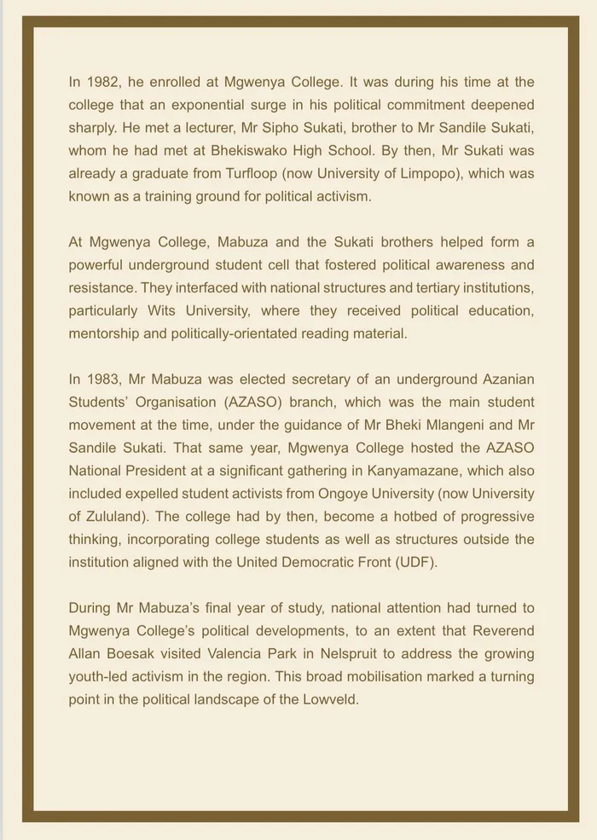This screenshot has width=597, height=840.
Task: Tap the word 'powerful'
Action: [100, 265]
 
